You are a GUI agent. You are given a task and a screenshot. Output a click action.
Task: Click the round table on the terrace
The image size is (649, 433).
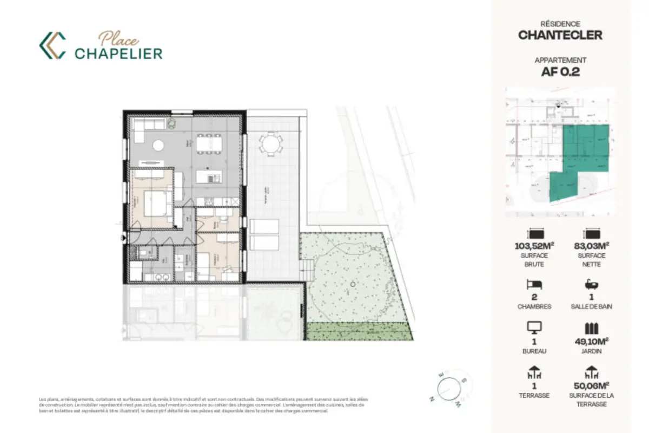tap(270, 145)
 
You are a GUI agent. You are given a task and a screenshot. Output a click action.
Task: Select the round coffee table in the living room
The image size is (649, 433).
tap(158, 145)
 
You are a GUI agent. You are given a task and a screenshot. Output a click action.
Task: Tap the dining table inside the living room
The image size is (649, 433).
tap(208, 144)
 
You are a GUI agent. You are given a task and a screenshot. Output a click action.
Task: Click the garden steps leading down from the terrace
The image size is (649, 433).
tap(307, 267)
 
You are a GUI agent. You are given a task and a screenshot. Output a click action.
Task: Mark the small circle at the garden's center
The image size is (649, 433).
tap(353, 284)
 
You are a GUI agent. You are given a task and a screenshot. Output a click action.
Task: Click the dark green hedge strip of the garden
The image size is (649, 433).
tap(359, 331)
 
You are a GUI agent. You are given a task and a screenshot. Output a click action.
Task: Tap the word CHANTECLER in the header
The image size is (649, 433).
tap(560, 36)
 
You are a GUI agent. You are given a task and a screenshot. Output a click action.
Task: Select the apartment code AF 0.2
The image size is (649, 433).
tap(560, 72)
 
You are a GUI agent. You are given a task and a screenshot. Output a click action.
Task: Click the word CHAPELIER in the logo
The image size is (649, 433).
tap(118, 53)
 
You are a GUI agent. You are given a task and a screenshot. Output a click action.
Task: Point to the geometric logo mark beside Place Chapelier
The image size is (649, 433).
tap(52, 45)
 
